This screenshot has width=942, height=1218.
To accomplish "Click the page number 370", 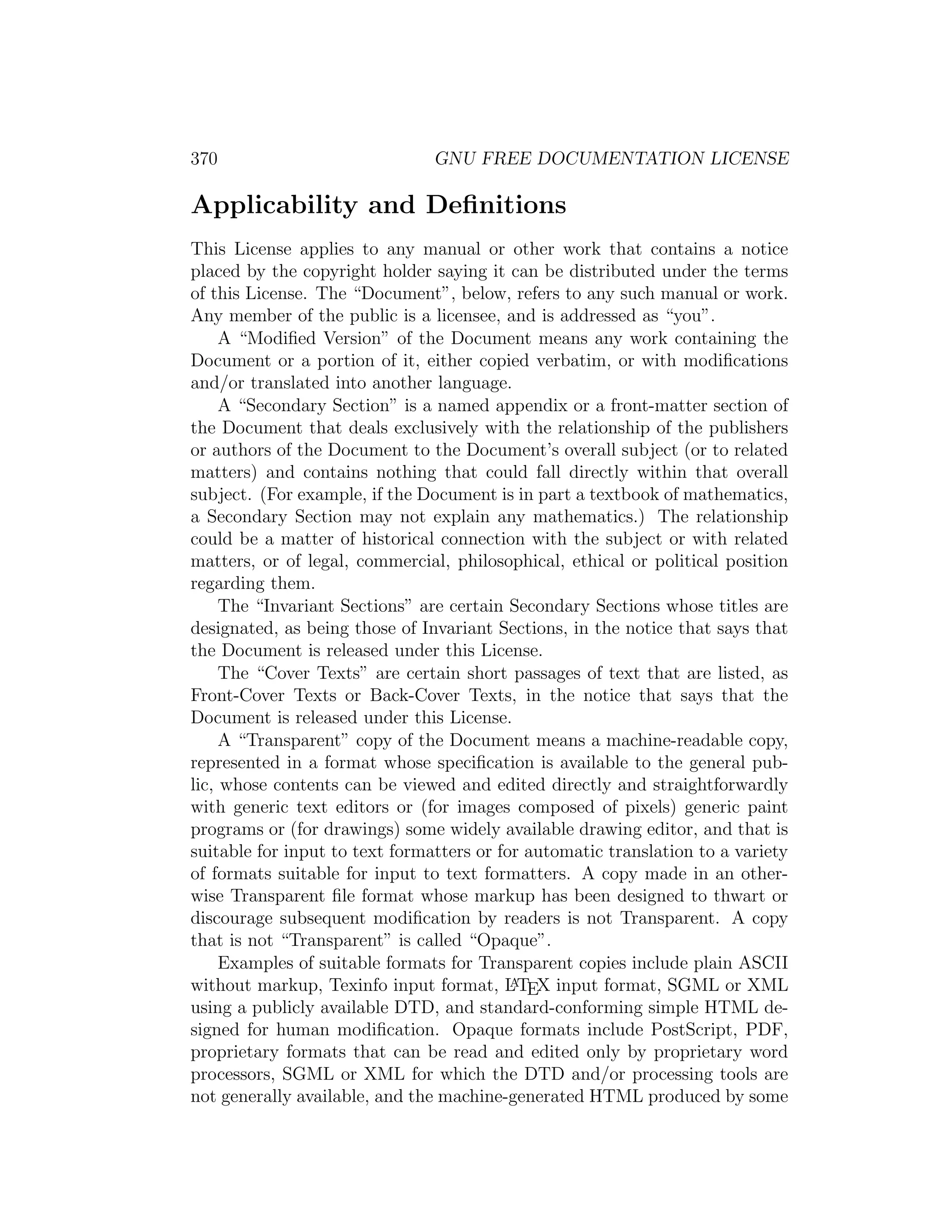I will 204,159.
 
